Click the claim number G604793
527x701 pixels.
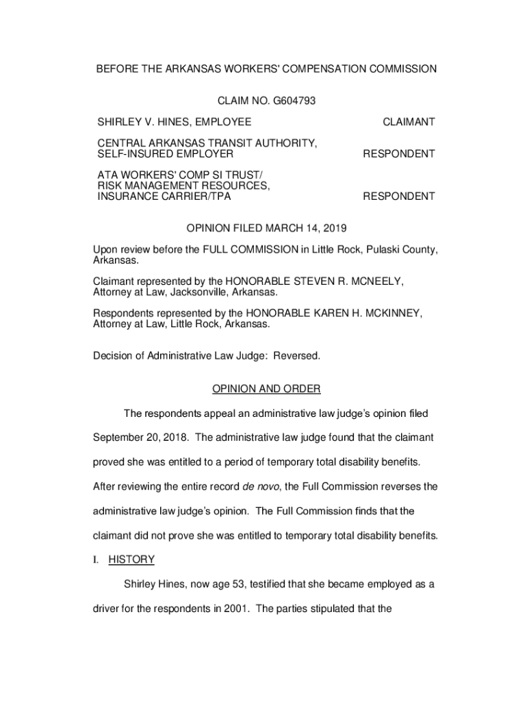(295, 101)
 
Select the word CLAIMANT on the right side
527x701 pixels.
(409, 122)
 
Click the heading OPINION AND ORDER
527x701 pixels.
(266, 389)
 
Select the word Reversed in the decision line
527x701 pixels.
(296, 356)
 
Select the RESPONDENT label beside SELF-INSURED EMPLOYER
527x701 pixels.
(398, 154)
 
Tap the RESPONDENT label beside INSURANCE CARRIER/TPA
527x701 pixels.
(398, 196)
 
